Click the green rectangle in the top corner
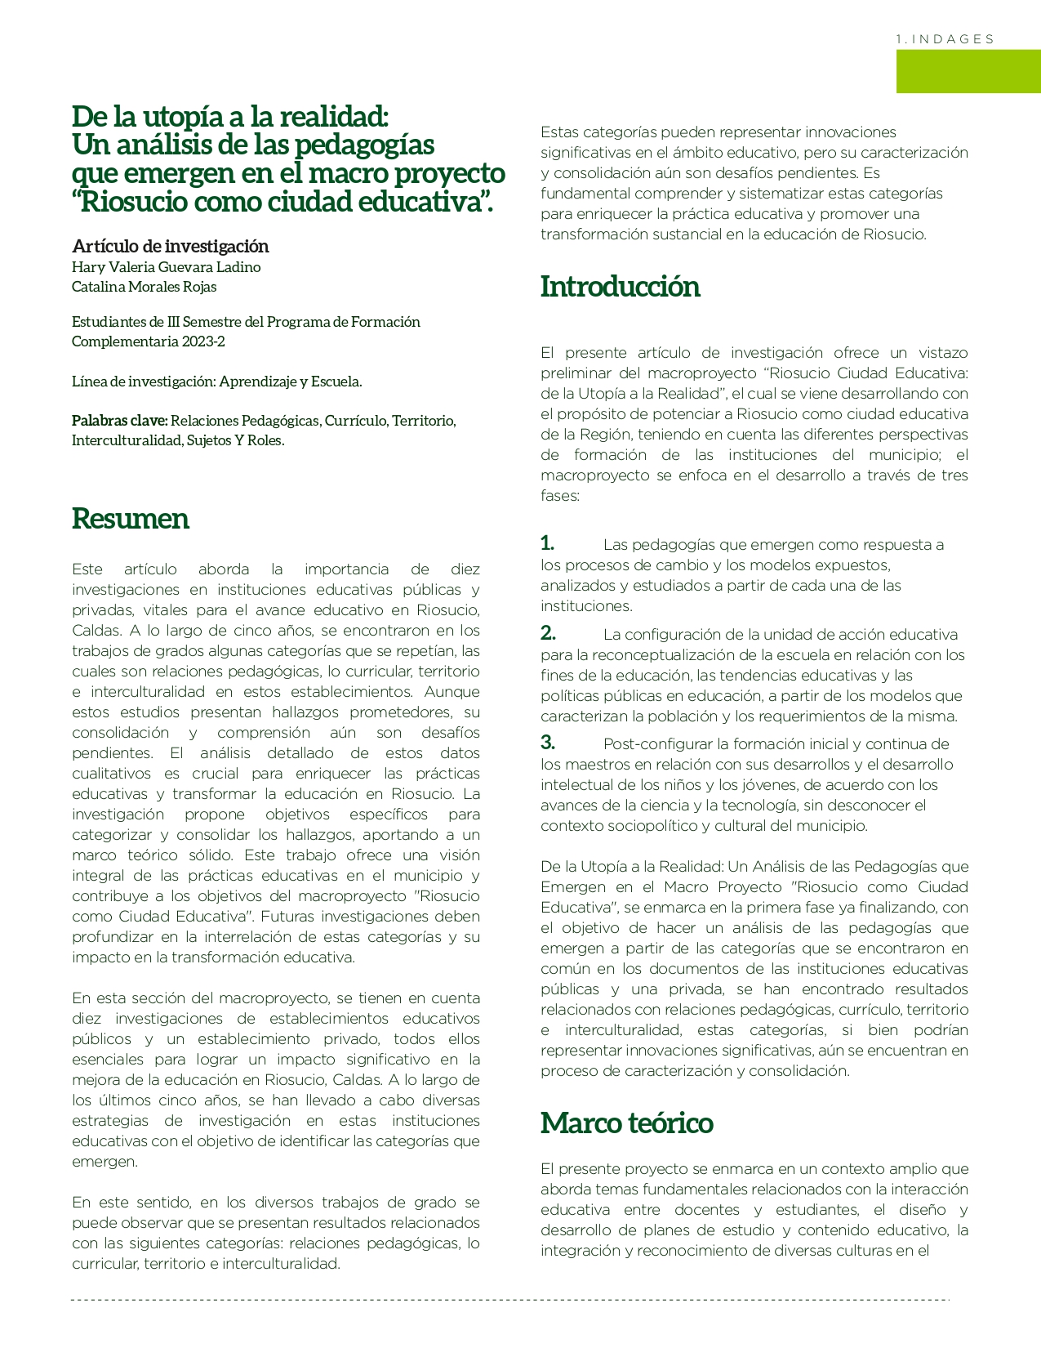click(x=968, y=71)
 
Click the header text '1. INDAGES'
click(x=945, y=39)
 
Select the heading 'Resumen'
click(x=131, y=519)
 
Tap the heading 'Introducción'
click(x=620, y=287)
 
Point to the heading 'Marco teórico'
click(x=626, y=1123)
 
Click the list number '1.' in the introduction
click(x=547, y=543)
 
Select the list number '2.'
click(x=548, y=633)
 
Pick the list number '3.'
click(x=548, y=743)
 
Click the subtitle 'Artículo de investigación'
click(x=171, y=246)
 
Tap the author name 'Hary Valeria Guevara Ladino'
click(x=167, y=267)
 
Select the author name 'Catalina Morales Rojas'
click(x=145, y=287)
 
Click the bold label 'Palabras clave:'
click(x=119, y=421)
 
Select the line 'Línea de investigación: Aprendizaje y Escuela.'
click(x=217, y=382)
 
